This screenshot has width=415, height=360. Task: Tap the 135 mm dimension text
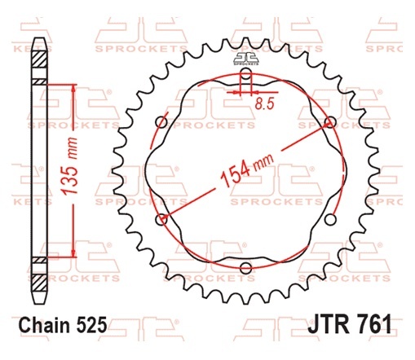[x=68, y=166]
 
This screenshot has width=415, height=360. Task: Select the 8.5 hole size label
[x=264, y=103]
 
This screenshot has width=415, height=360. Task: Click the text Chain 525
[x=63, y=325]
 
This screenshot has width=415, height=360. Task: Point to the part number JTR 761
[x=350, y=323]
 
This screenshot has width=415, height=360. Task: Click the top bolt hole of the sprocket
[x=246, y=73]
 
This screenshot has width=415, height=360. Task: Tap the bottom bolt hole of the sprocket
[x=245, y=268]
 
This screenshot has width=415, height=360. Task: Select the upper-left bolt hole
[x=161, y=122]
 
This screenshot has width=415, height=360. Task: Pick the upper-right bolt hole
[x=330, y=122]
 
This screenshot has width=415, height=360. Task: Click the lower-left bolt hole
[x=161, y=219]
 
